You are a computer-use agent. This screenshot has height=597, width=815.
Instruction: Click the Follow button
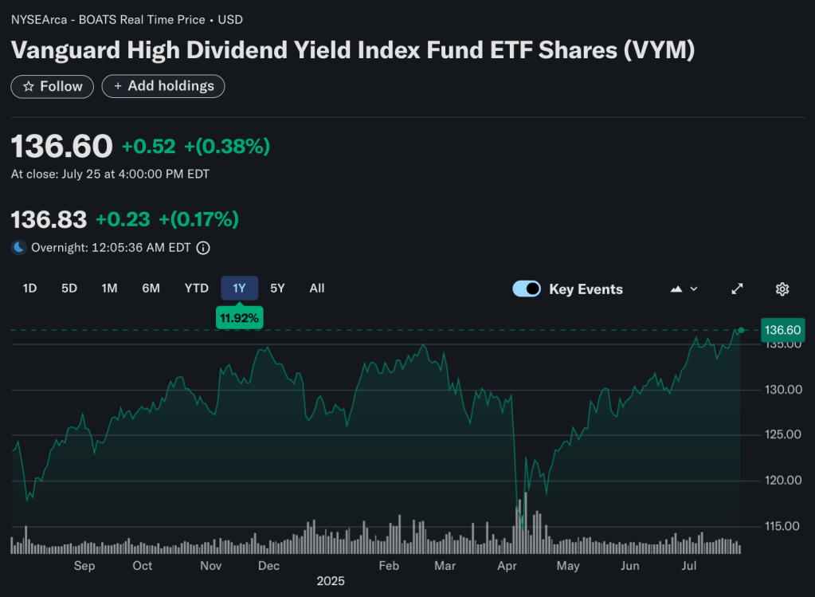tap(53, 86)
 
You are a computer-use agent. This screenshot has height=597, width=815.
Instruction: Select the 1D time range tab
tap(29, 289)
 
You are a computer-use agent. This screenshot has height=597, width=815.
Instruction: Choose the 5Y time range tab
tap(277, 289)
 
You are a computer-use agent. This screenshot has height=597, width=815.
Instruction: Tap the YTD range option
tap(197, 289)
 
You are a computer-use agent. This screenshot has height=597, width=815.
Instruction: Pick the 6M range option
tap(151, 289)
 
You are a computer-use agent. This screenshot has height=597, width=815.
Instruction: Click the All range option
tap(317, 289)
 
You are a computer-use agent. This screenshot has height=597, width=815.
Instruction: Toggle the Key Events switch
tap(527, 289)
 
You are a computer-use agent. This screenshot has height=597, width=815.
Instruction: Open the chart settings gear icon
tap(782, 289)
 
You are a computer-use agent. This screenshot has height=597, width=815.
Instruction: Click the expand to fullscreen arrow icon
tap(738, 289)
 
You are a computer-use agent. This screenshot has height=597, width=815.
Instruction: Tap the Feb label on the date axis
tap(389, 566)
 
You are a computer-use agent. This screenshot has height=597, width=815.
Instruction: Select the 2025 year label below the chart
tap(331, 582)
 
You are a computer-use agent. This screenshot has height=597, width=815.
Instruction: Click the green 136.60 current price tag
tap(782, 330)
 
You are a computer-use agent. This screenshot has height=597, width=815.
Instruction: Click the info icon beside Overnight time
tap(203, 248)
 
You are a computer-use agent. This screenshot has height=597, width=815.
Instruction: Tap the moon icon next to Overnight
tap(19, 248)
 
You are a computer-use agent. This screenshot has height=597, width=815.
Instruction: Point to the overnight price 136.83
tap(49, 220)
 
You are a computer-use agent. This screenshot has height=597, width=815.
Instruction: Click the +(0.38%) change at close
tap(227, 147)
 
